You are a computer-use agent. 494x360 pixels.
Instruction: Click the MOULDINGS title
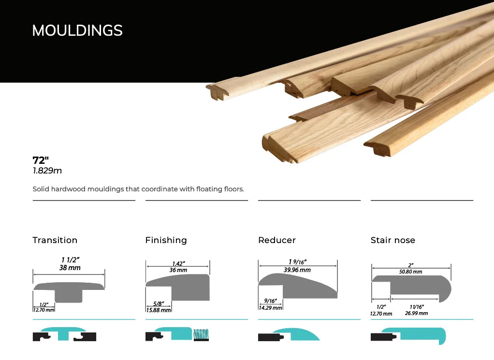tap(77, 30)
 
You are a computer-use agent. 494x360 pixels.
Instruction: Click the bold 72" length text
tap(41, 160)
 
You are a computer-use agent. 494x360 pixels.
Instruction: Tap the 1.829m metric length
tap(47, 171)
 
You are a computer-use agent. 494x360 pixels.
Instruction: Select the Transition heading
tap(55, 240)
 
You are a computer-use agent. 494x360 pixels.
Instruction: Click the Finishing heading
tap(166, 240)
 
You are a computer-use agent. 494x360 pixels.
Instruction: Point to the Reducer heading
tap(277, 240)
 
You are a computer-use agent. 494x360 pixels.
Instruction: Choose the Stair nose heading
tap(393, 240)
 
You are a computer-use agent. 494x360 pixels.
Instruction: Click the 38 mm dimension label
tap(70, 268)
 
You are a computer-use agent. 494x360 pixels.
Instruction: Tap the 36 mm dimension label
tap(178, 270)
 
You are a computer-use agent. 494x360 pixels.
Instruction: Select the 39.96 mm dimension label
tap(297, 270)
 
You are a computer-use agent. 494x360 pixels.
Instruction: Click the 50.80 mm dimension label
tap(410, 272)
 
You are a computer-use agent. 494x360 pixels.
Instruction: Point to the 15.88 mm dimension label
tap(159, 310)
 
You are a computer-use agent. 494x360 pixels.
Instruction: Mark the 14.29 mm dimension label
tap(270, 308)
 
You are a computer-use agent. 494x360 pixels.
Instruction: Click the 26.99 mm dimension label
tap(416, 314)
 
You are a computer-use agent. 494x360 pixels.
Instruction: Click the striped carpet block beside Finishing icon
tap(201, 335)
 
